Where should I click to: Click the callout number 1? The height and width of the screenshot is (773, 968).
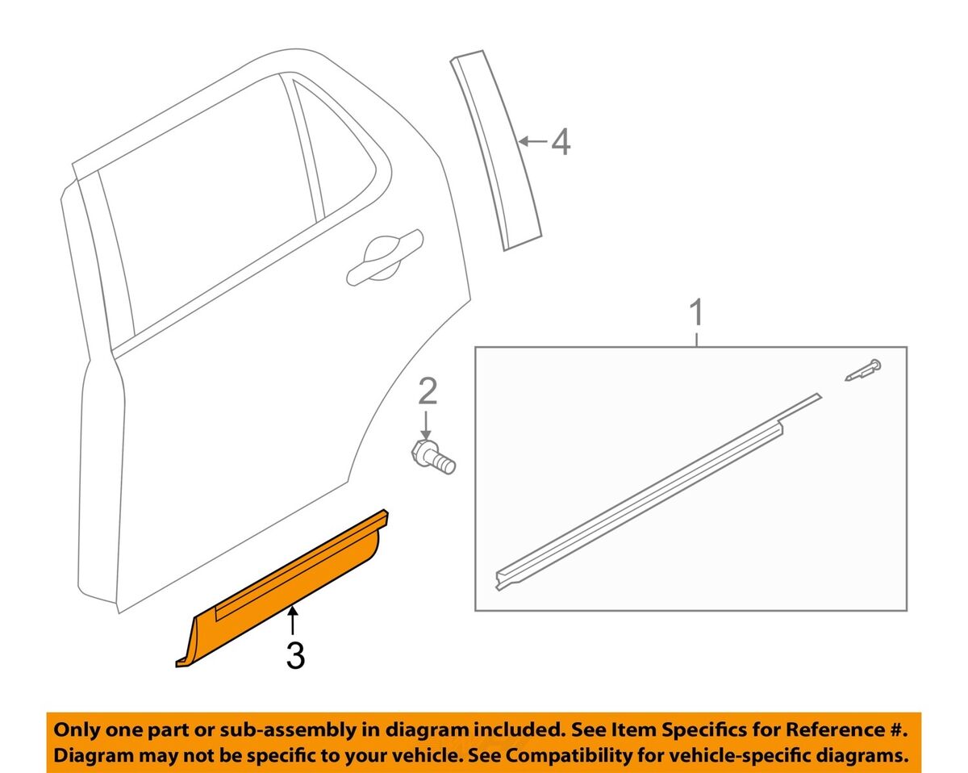[x=696, y=313]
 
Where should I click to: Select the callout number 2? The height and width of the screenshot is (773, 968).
[x=428, y=391]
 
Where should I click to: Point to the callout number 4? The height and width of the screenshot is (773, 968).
[x=561, y=142]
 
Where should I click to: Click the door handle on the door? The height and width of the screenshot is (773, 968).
[x=385, y=260]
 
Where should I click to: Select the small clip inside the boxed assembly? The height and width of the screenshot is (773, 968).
[x=863, y=370]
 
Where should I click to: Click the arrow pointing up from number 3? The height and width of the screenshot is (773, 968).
[x=293, y=622]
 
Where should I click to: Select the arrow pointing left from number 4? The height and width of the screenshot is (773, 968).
[x=533, y=142]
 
